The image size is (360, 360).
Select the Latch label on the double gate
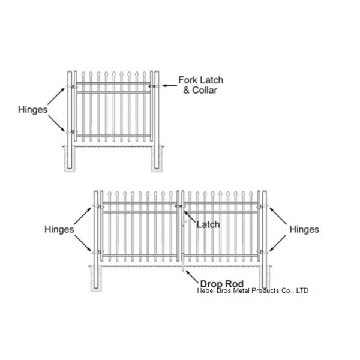tap(208, 224)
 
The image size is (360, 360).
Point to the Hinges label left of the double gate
tap(59, 229)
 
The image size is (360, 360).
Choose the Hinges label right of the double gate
tap(304, 229)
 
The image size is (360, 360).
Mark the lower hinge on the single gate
tap(72, 132)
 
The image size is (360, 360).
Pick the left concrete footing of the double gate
tap(96, 278)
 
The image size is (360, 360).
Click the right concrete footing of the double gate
tap(264, 278)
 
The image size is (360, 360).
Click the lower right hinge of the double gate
tap(262, 251)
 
